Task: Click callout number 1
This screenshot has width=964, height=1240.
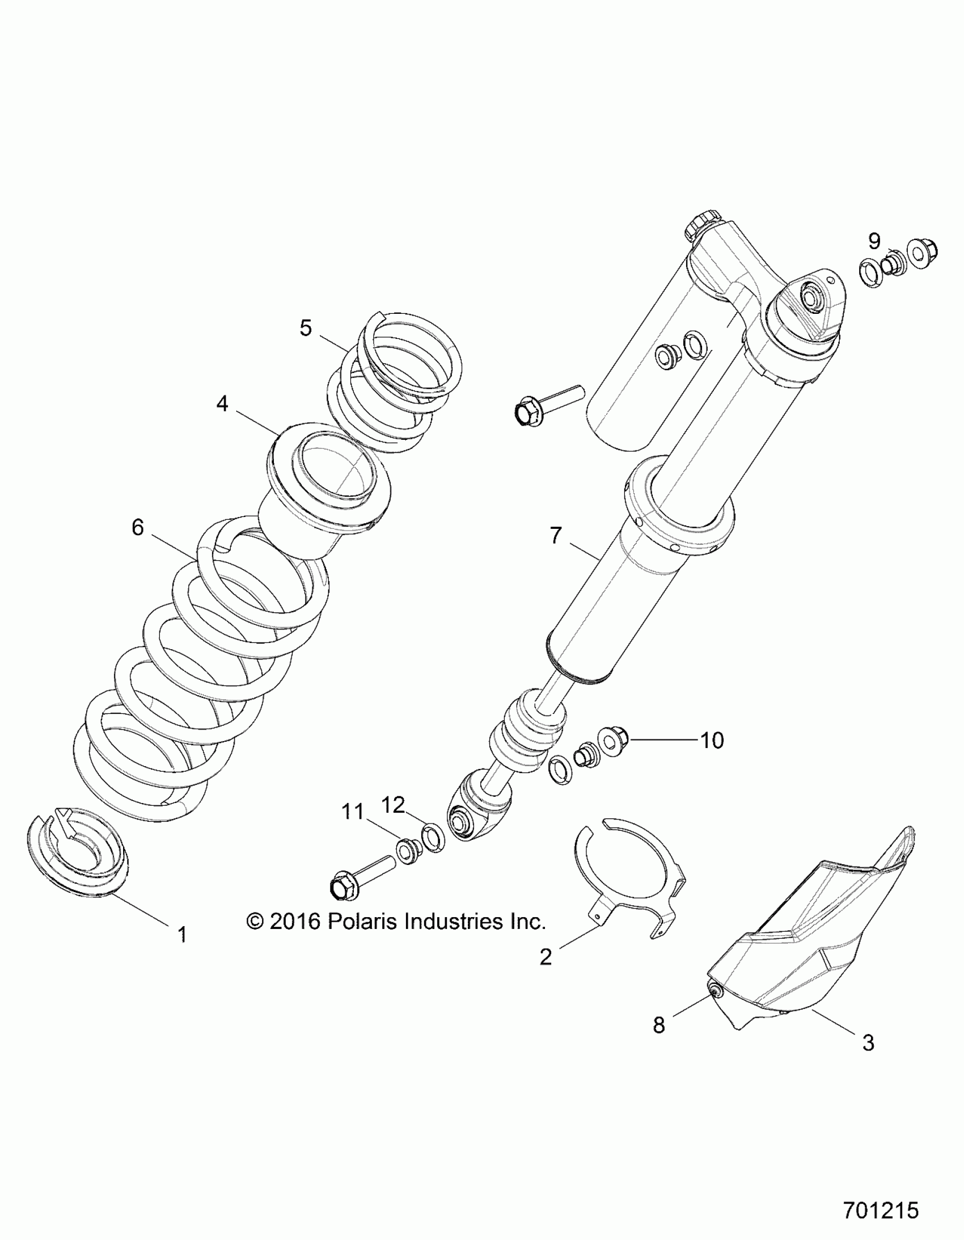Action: click(182, 934)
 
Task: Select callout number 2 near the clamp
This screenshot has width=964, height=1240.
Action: click(546, 957)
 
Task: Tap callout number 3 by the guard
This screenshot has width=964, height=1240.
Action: click(868, 1043)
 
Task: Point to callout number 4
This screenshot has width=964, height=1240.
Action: click(222, 403)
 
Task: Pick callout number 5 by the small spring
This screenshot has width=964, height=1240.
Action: click(306, 327)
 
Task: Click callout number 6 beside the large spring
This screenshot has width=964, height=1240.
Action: click(138, 527)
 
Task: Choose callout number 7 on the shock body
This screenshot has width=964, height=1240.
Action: click(556, 535)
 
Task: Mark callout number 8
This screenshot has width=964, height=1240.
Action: click(659, 1025)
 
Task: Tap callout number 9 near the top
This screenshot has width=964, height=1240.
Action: click(874, 241)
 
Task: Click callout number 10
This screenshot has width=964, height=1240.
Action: click(713, 741)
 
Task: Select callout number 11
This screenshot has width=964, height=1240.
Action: click(352, 812)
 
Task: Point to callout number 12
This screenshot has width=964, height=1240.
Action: click(393, 804)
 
